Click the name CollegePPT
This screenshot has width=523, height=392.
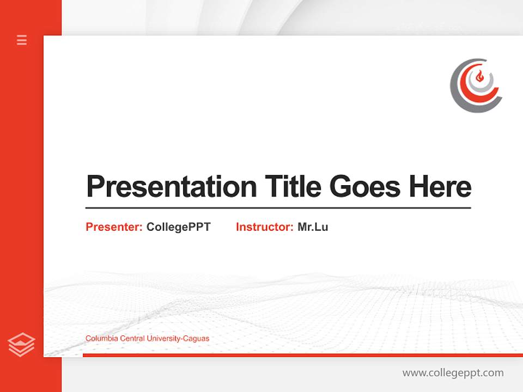click(178, 227)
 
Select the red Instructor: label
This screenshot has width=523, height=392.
click(264, 227)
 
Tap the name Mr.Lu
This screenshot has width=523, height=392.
click(313, 227)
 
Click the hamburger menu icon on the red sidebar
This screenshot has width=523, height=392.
click(22, 40)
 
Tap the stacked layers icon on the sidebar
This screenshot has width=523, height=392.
click(22, 345)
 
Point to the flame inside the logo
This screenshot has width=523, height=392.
click(479, 77)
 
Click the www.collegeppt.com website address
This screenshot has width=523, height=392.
click(453, 373)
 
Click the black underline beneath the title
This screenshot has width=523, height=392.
click(278, 208)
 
